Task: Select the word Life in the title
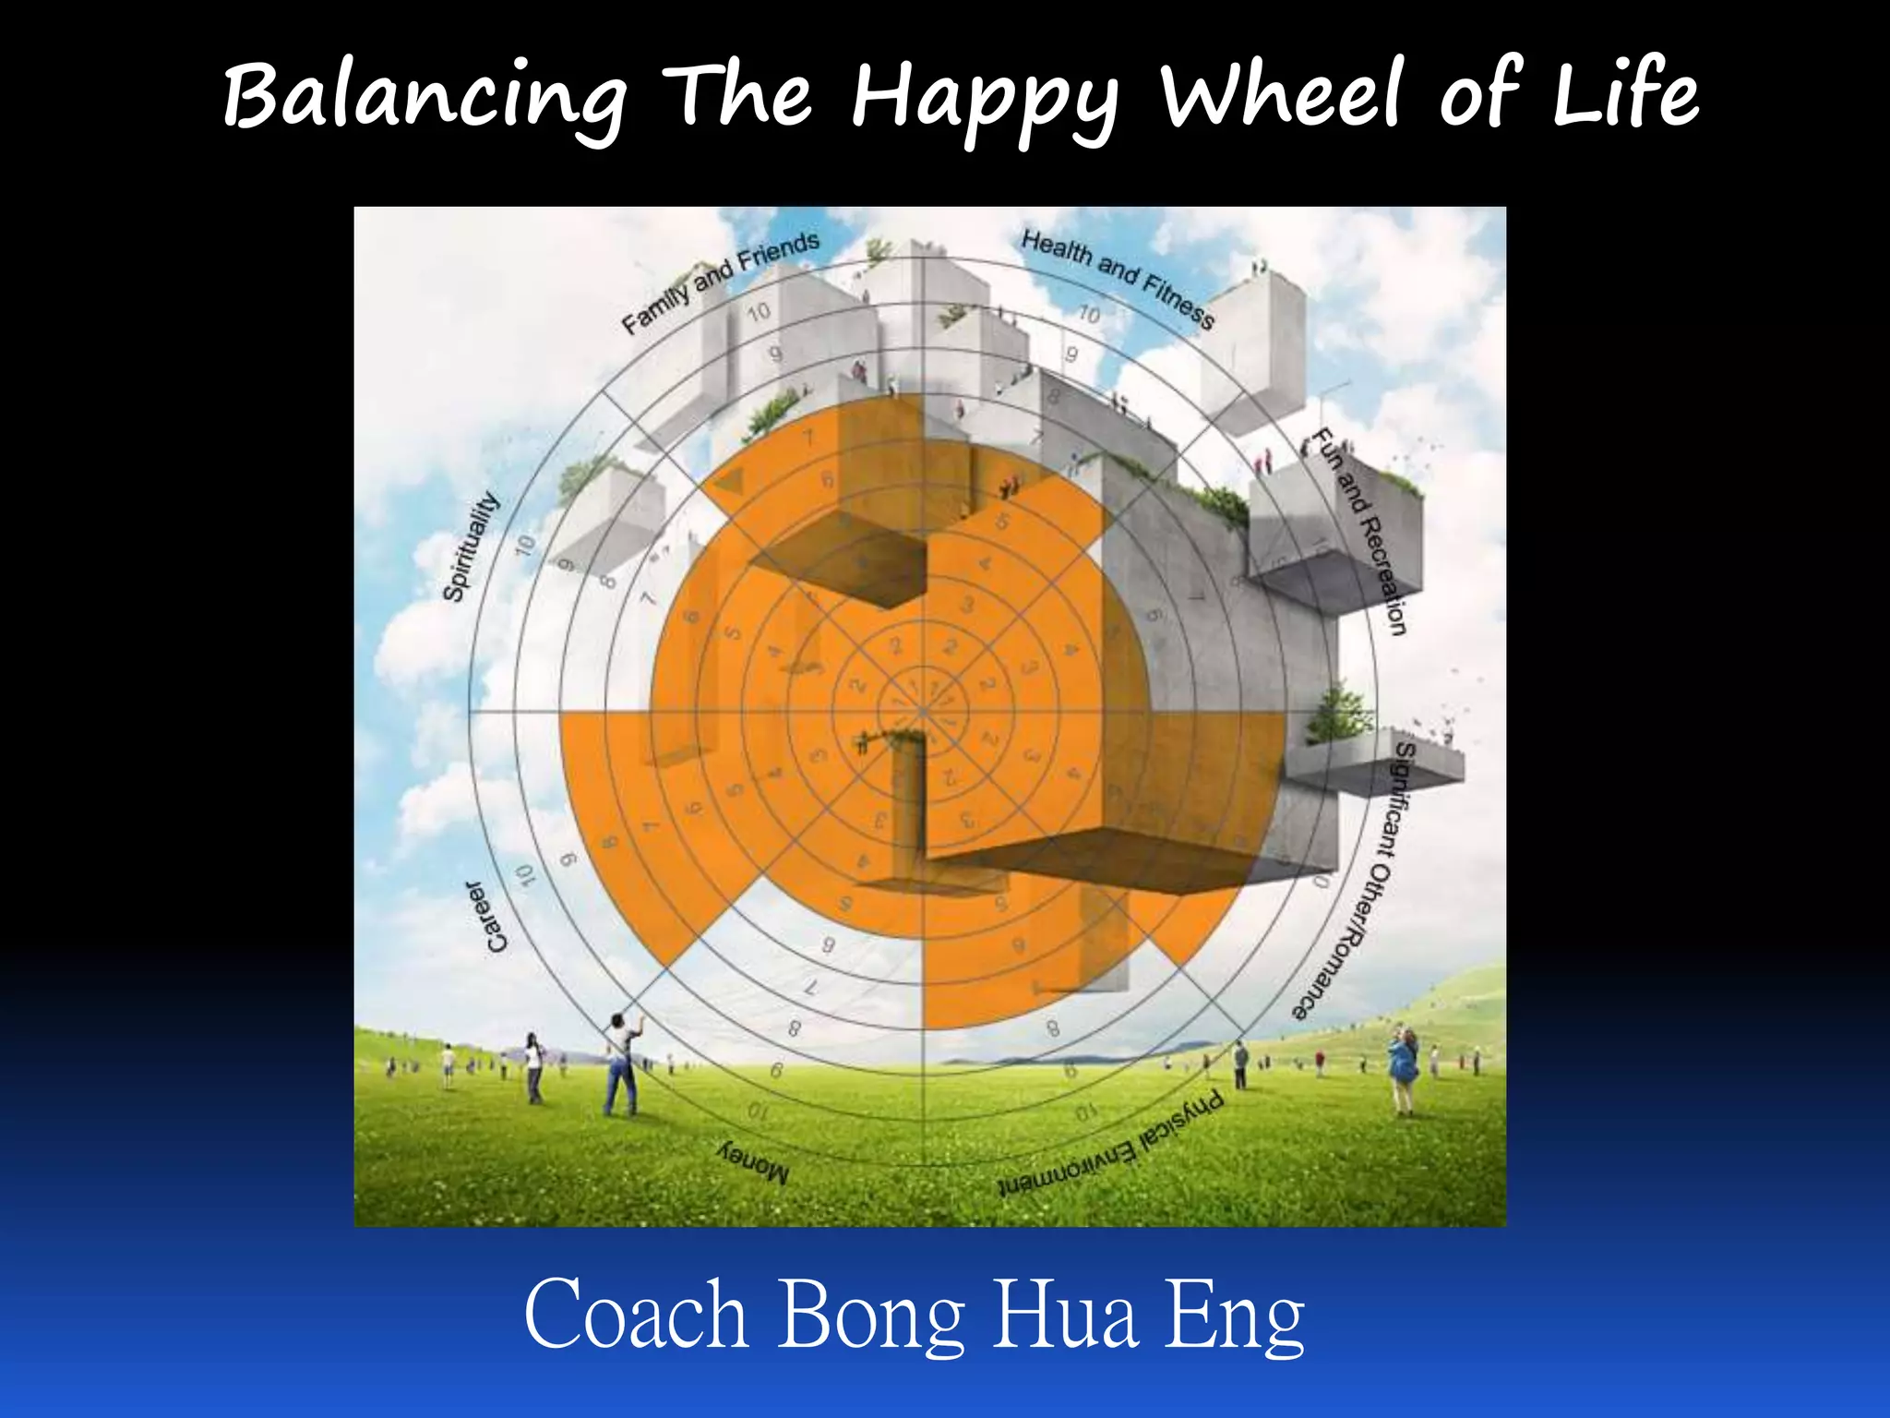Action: point(1624,92)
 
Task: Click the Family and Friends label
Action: point(720,282)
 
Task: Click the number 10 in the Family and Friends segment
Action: point(759,312)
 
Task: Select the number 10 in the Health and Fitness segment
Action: point(1089,314)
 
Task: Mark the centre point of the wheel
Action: point(923,712)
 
